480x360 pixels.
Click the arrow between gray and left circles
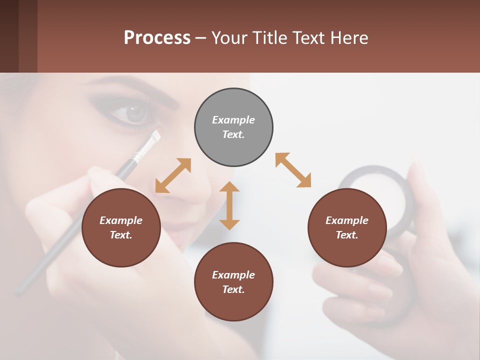pyautogui.click(x=173, y=175)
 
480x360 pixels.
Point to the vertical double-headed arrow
pyautogui.click(x=229, y=205)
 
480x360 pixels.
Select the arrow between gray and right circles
pyautogui.click(x=293, y=170)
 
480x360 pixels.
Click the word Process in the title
pyautogui.click(x=157, y=37)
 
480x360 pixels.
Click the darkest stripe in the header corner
pyautogui.click(x=9, y=36)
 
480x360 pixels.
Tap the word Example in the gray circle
pyautogui.click(x=233, y=120)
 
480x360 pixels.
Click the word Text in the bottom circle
pyautogui.click(x=233, y=289)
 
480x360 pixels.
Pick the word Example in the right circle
pyautogui.click(x=347, y=220)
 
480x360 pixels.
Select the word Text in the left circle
pyautogui.click(x=120, y=235)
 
